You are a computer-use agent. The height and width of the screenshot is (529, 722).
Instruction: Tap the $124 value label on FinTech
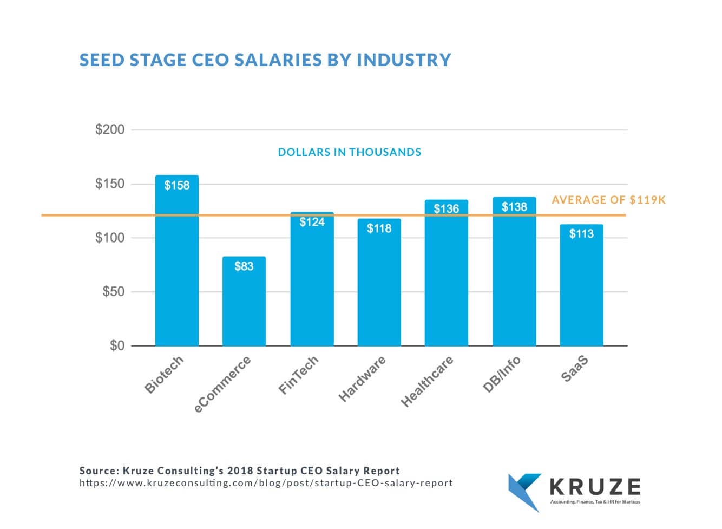312,222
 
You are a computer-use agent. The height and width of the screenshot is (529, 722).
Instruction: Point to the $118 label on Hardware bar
379,228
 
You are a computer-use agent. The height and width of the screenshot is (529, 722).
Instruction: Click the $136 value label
446,208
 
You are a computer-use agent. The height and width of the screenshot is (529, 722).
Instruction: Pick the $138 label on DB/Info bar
514,207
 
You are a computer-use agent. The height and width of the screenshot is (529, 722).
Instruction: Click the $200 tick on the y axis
110,130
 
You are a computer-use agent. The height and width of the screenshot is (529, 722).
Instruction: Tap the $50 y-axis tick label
113,292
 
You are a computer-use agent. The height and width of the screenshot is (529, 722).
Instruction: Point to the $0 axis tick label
117,345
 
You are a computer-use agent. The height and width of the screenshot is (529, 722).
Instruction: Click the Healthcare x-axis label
427,381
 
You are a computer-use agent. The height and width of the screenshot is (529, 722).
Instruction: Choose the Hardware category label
362,378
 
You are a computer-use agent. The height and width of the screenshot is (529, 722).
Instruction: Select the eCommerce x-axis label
222,384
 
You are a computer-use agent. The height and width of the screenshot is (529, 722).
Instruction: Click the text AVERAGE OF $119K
608,200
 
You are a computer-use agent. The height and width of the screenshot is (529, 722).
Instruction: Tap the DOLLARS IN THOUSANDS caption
349,152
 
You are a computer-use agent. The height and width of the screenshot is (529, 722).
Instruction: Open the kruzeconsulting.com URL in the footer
266,483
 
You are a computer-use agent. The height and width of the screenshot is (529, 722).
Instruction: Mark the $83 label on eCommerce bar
244,266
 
